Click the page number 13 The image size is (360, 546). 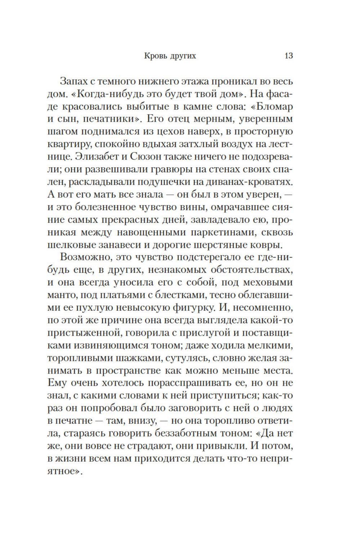pos(288,56)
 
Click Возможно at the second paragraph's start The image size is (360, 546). pos(84,258)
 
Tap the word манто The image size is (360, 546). pos(59,295)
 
